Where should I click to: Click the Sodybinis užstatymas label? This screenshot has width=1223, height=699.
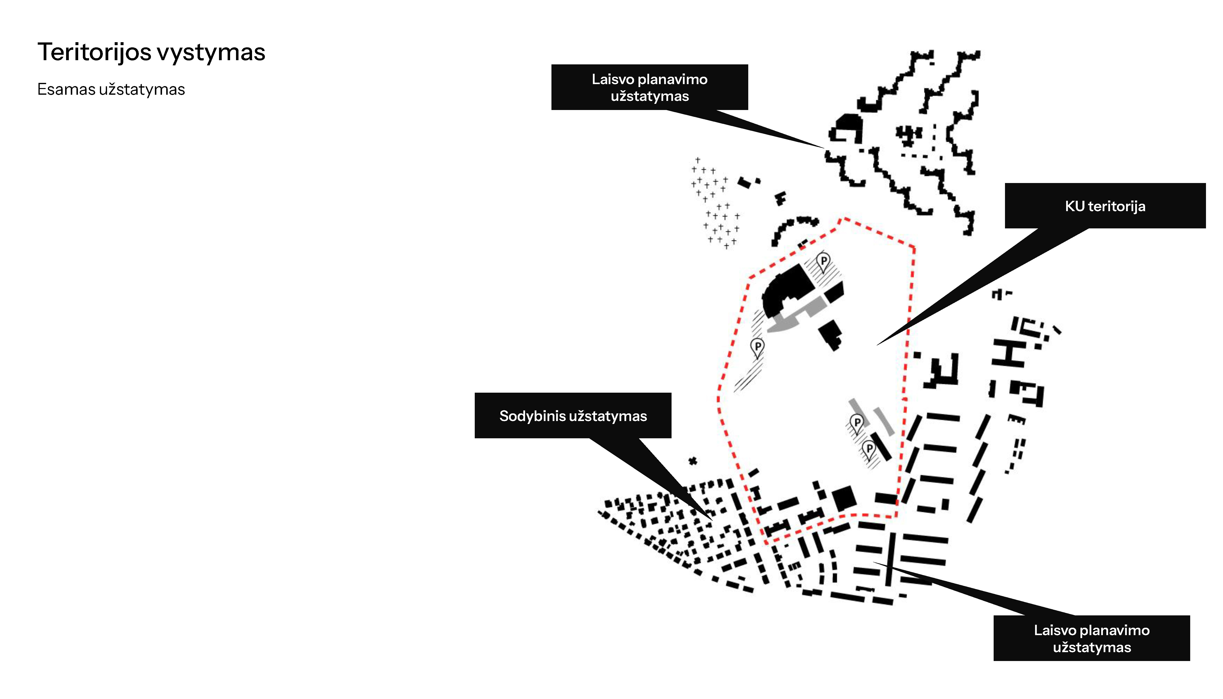[x=573, y=416]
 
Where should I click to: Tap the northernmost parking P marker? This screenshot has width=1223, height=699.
[x=824, y=261]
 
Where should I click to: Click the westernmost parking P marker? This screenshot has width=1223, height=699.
[x=757, y=346]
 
